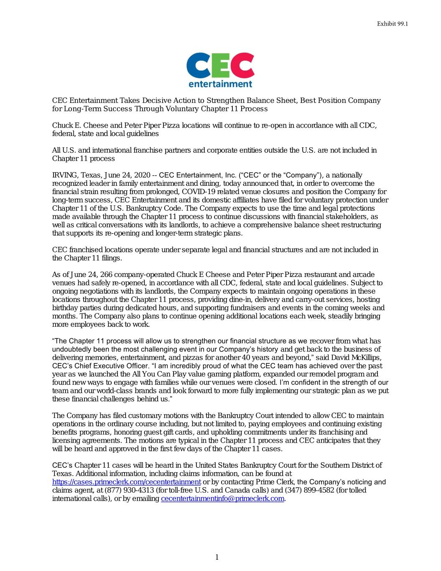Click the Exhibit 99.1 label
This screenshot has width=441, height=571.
click(392, 23)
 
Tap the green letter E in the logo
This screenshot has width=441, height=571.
click(220, 65)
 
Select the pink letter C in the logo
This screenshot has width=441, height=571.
click(242, 65)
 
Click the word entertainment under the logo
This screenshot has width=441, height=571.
click(220, 84)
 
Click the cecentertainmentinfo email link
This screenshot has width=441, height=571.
click(222, 499)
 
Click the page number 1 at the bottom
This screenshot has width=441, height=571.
click(217, 557)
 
